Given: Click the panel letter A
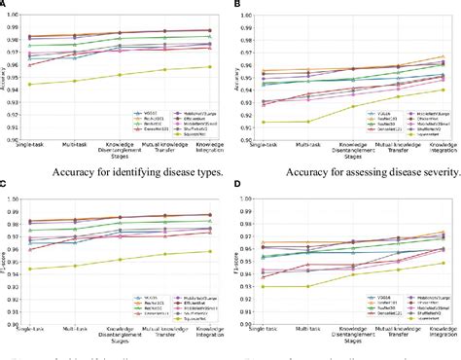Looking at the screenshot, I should pos(5,5).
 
